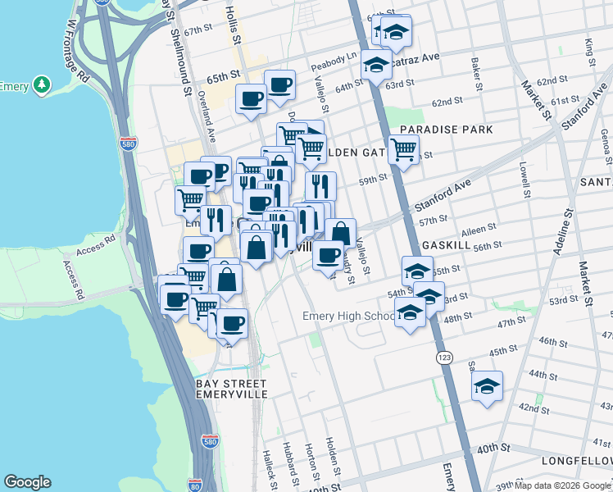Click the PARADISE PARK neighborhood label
(x=447, y=130)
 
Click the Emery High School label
(x=348, y=317)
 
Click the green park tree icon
(x=40, y=85)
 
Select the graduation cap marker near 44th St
(x=488, y=385)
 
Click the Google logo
(x=27, y=482)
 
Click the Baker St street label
(x=475, y=74)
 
